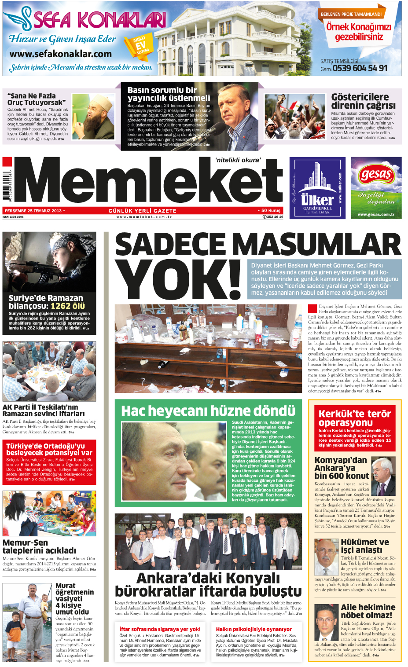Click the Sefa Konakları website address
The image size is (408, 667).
click(x=60, y=54)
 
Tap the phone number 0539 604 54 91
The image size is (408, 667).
click(x=360, y=68)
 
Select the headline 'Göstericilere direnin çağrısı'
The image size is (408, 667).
click(x=363, y=101)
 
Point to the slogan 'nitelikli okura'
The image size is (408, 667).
click(x=238, y=160)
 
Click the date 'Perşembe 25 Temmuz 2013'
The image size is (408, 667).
click(x=33, y=211)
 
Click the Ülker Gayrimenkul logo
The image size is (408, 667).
click(x=317, y=188)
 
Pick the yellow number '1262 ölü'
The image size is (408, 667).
click(x=68, y=306)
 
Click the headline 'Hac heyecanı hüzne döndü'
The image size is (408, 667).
click(x=208, y=411)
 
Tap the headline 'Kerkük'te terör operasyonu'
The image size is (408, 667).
click(x=354, y=418)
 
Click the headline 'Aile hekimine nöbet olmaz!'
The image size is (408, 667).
click(x=368, y=611)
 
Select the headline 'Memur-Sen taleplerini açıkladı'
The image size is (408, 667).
click(x=39, y=546)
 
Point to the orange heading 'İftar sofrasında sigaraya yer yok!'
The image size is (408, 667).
click(x=160, y=629)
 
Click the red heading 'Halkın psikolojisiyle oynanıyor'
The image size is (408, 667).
click(x=254, y=629)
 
